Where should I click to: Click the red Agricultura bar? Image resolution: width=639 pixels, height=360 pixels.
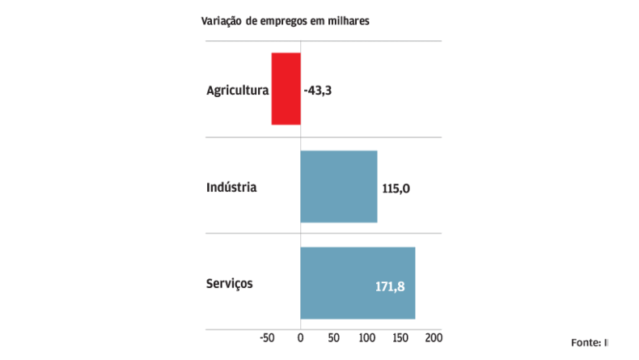(x=286, y=89)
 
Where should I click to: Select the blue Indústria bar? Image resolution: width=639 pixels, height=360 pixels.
(x=338, y=186)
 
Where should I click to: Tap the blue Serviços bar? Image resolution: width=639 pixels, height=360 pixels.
(x=357, y=283)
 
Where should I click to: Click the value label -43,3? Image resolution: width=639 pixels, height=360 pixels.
(x=318, y=91)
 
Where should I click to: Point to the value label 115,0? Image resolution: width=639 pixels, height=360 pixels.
(x=396, y=188)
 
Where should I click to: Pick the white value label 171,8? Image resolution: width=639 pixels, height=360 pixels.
(x=390, y=286)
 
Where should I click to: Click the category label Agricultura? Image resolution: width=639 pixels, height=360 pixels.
(x=237, y=91)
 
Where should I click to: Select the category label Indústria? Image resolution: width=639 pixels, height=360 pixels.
(x=231, y=188)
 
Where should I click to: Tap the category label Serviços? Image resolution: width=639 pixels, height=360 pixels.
(x=230, y=284)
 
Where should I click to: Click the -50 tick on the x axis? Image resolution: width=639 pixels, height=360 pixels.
(x=269, y=337)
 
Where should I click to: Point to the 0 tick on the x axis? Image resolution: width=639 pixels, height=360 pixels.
(x=300, y=337)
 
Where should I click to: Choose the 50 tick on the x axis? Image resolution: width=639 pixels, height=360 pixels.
(x=333, y=337)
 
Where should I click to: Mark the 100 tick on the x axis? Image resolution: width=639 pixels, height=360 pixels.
(x=366, y=337)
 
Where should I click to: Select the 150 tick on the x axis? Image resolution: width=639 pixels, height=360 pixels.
(x=400, y=337)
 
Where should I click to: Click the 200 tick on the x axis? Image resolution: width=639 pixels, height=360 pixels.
(x=434, y=337)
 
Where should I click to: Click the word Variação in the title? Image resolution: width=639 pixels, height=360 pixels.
(x=222, y=22)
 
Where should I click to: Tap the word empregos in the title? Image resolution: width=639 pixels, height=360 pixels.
(x=284, y=22)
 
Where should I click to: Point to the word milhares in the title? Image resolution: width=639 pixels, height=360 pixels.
(x=348, y=22)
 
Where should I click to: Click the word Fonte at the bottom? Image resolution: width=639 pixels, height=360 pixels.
(x=585, y=342)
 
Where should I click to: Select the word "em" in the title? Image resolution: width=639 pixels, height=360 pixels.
(x=318, y=22)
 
